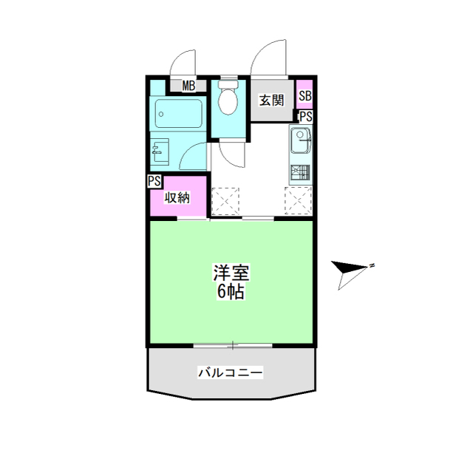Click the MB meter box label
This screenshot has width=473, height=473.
click(189, 86)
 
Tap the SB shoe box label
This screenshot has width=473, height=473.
click(305, 96)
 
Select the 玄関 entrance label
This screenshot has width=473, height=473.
click(272, 101)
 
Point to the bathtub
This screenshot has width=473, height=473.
click(179, 113)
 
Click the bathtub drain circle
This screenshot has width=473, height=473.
click(161, 114)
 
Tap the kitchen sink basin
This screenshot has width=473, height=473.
click(300, 140)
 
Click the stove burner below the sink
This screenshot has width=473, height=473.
click(300, 173)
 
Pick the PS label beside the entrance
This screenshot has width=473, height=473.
click(306, 117)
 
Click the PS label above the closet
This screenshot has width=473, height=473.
click(154, 181)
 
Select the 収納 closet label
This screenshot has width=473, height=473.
click(177, 198)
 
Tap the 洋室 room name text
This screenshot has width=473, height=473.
click(231, 273)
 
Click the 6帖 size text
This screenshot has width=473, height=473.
click(231, 291)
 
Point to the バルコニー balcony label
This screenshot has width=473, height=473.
click(230, 372)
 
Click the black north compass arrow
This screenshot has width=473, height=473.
click(350, 268)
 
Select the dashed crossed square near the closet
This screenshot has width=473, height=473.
click(225, 201)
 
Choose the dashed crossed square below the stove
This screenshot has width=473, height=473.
click(298, 200)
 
